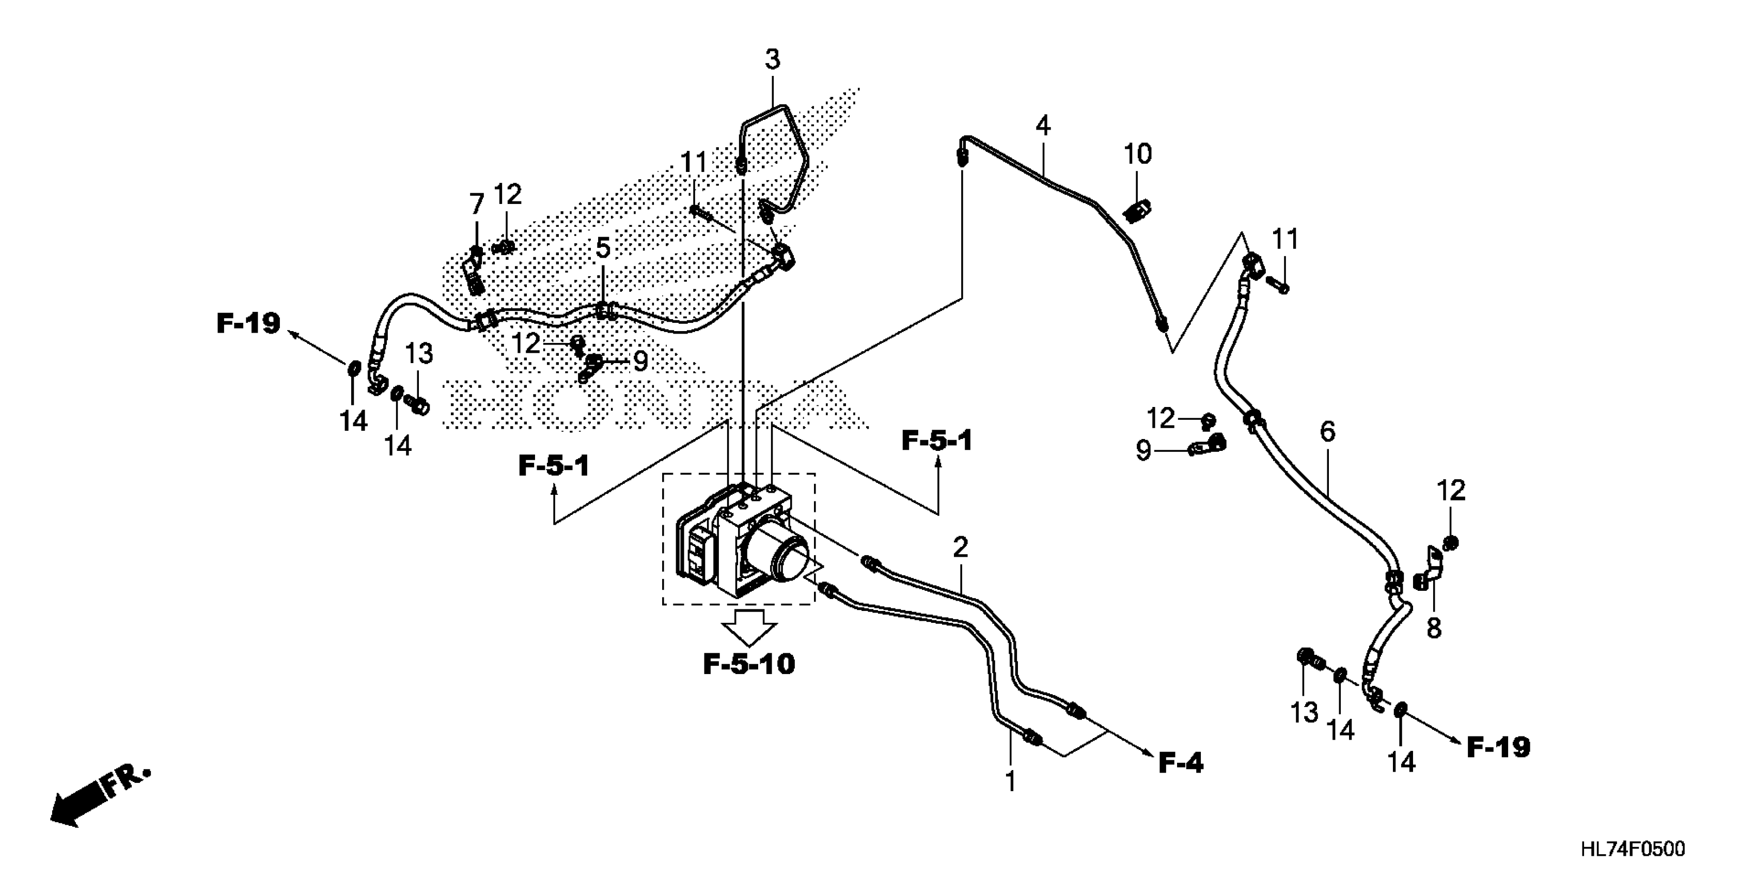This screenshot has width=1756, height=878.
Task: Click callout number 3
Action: tap(772, 60)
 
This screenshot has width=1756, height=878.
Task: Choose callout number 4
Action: tap(1042, 126)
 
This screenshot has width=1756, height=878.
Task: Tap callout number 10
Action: tap(1138, 154)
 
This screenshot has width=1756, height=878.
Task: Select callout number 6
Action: tap(1327, 431)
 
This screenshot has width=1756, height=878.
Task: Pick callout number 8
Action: tap(1434, 629)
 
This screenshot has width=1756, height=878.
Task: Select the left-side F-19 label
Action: tap(249, 323)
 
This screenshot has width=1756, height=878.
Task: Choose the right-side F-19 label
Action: tap(1498, 748)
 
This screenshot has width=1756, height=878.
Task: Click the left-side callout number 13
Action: tap(419, 354)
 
